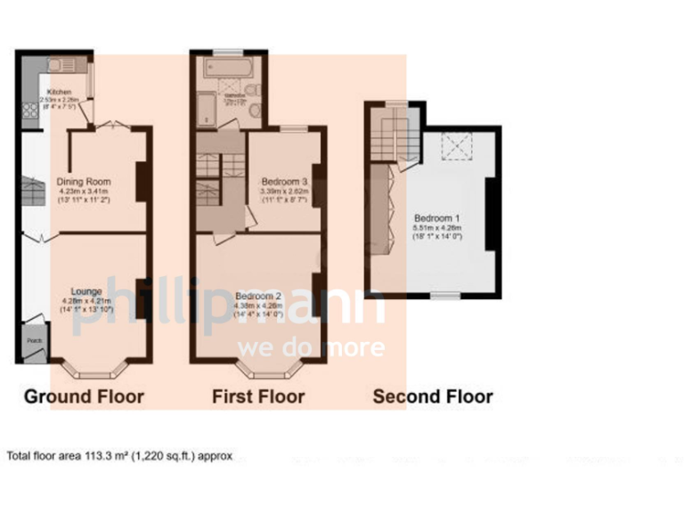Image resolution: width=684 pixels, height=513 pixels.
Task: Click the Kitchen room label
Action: click(x=59, y=92)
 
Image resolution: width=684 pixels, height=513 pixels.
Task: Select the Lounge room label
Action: click(x=85, y=291)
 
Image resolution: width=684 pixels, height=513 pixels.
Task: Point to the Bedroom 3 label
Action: click(x=283, y=182)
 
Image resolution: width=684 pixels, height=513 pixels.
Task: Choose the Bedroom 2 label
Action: click(x=259, y=296)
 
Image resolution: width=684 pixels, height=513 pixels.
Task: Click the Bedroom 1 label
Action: click(x=436, y=217)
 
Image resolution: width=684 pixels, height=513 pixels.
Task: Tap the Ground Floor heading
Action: click(x=83, y=396)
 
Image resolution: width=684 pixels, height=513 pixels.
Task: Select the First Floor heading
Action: click(x=258, y=396)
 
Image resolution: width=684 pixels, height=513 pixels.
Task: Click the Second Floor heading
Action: click(x=432, y=396)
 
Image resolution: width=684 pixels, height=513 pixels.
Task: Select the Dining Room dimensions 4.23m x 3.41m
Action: click(x=83, y=191)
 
